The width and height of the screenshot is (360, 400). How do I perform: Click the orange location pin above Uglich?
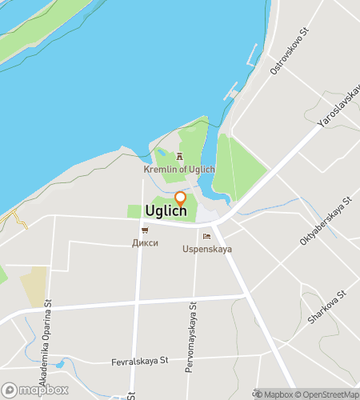tap(180, 198)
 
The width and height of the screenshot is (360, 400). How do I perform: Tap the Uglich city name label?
tap(166, 211)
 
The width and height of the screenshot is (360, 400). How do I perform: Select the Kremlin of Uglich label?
tap(179, 170)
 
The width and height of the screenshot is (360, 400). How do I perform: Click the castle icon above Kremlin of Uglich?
tap(179, 158)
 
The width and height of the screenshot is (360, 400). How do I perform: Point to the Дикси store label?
tap(146, 242)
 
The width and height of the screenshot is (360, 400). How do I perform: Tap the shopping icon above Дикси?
tap(145, 230)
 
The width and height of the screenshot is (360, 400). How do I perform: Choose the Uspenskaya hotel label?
tap(206, 249)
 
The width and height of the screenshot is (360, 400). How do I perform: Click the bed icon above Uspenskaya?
tap(206, 237)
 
